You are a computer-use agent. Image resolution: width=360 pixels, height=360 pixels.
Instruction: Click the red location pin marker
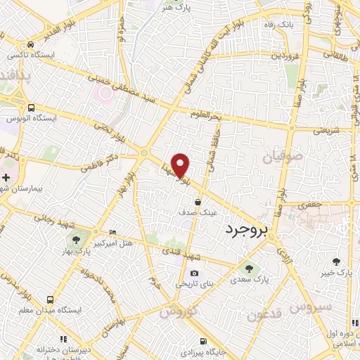tap(181, 165)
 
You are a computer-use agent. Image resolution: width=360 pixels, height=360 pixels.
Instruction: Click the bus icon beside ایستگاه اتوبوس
tap(31, 108)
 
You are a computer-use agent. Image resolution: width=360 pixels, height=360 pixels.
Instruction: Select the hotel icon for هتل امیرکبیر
tap(113, 233)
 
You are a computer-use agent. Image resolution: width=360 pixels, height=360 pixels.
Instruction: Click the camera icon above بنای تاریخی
tap(194, 274)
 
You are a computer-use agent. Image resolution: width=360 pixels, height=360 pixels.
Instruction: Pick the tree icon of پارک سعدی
tap(248, 268)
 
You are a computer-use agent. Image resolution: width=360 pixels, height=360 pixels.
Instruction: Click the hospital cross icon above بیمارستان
tap(6, 176)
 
